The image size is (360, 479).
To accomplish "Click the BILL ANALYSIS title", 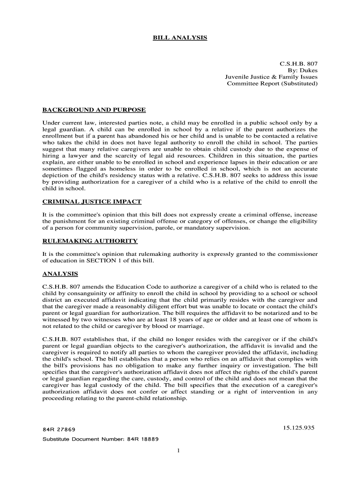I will tap(180, 37).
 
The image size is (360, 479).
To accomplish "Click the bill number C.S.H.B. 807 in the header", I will tap(299, 63).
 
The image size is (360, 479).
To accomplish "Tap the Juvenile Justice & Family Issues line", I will tap(271, 77).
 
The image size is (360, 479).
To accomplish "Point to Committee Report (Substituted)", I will tap(272, 84).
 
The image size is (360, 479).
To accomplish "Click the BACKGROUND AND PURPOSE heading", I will tap(94, 110).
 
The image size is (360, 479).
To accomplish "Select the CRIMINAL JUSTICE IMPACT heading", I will tap(92, 202).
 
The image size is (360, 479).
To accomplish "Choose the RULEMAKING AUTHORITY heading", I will tap(90, 241).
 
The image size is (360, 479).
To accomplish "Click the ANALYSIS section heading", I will tap(60, 274).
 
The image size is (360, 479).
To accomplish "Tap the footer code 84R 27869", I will tap(59, 429).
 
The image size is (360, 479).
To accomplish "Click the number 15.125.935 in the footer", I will tap(298, 428).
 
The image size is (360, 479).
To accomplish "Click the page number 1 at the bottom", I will tap(179, 450).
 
